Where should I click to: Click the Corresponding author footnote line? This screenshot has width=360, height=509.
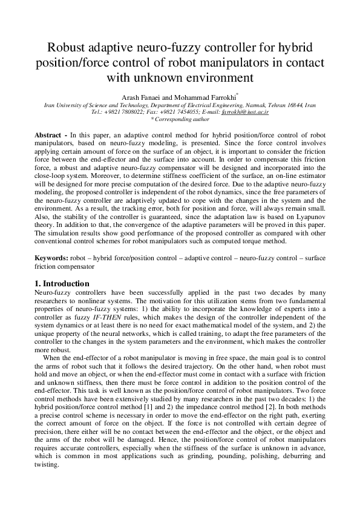[180, 119]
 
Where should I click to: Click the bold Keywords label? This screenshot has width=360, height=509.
[51, 258]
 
